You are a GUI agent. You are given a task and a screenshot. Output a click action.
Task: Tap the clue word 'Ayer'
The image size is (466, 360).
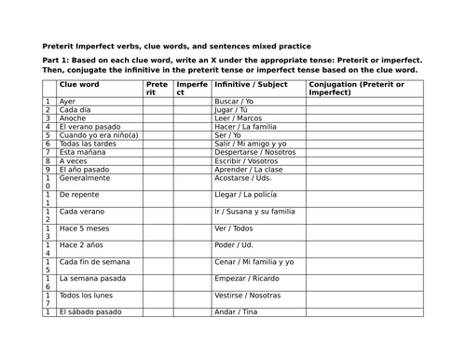tap(66, 101)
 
